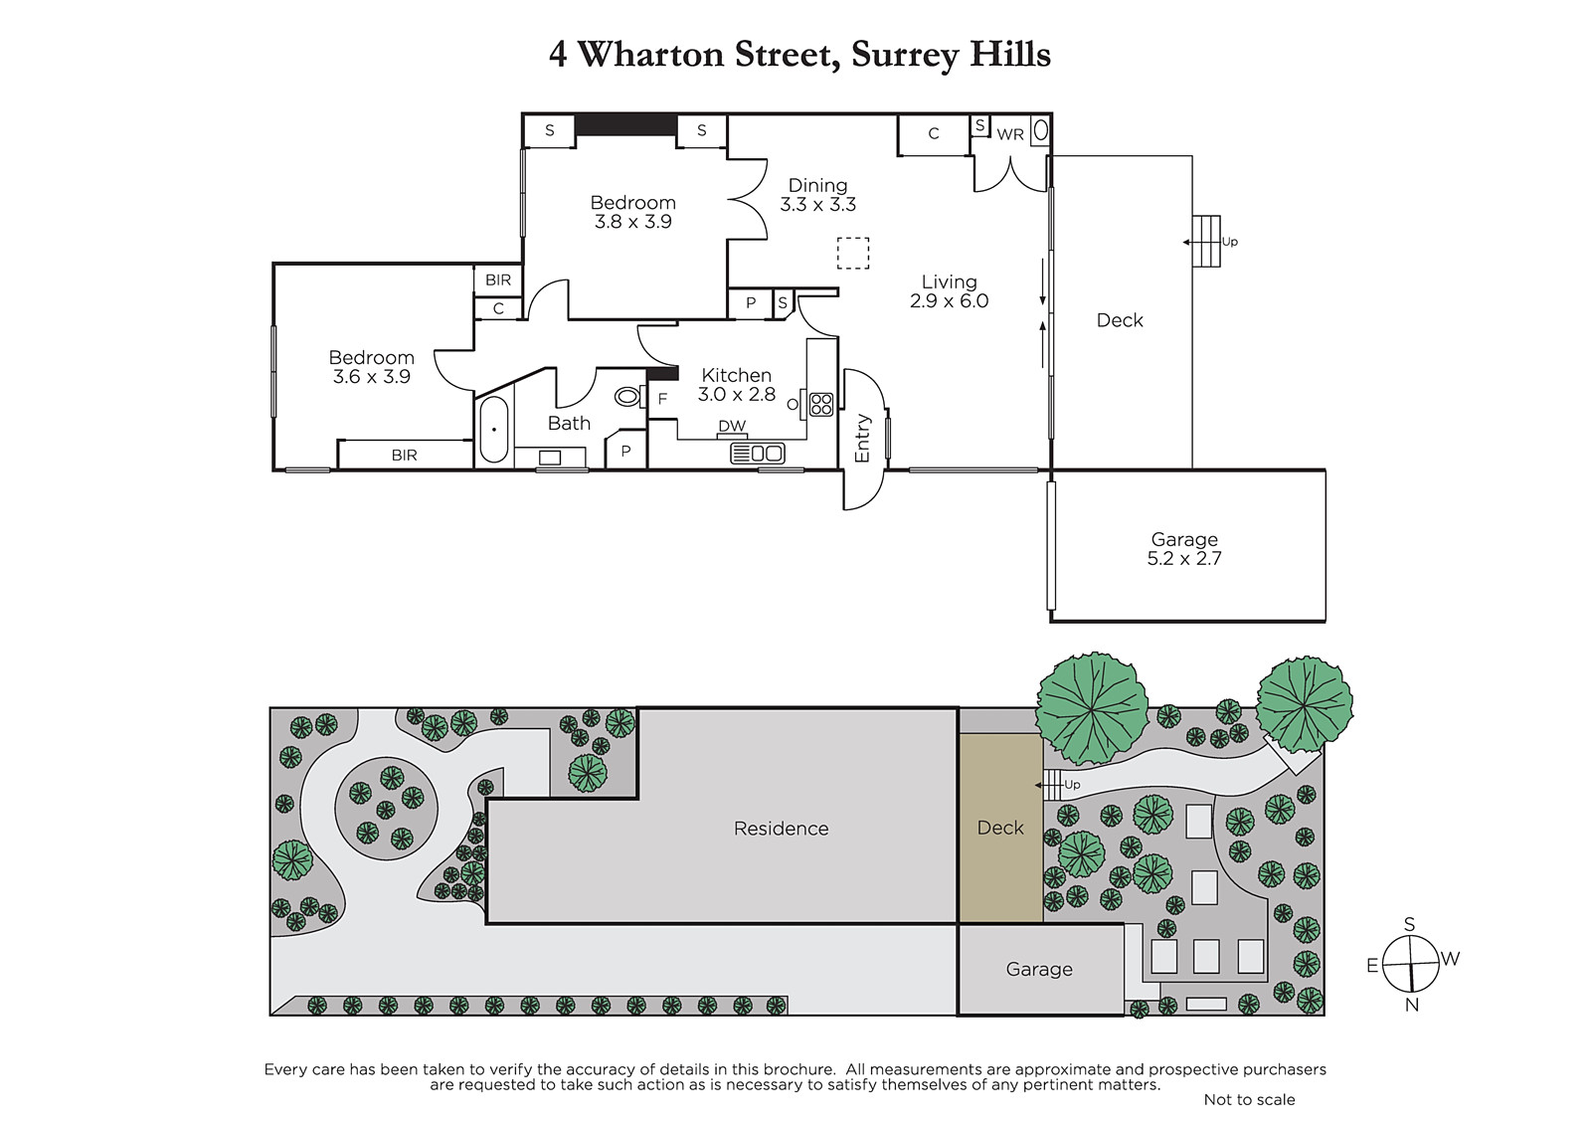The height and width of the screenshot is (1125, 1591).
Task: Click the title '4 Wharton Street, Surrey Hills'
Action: pos(799,55)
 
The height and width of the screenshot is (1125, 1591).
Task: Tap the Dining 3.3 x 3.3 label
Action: pos(817,195)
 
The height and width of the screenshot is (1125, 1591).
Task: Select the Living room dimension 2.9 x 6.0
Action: pos(949,300)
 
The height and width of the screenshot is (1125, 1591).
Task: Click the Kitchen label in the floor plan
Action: pos(736,375)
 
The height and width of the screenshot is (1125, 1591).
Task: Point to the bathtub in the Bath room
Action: pos(493,430)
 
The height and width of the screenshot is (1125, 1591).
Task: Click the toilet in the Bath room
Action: pos(628,396)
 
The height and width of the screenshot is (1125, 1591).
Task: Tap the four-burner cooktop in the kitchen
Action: pos(820,405)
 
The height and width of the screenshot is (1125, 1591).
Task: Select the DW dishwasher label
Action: pos(732,426)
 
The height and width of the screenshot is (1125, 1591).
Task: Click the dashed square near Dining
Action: pos(852,253)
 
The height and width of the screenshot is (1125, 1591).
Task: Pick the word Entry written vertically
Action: pos(861,438)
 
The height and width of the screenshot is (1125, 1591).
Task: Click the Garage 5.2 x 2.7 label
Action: pos(1184,549)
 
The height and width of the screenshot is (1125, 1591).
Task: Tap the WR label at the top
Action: pos(1010,134)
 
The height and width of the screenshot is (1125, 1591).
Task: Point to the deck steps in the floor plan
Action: pos(1206,242)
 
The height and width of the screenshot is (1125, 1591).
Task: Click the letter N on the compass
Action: pos(1411,1005)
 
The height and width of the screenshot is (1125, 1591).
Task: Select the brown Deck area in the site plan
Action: pos(1000,828)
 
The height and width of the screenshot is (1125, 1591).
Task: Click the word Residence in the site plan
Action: pos(781,829)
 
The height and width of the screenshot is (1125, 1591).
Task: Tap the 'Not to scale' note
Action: pos(1249,1099)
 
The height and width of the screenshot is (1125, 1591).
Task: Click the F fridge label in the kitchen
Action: pos(662,400)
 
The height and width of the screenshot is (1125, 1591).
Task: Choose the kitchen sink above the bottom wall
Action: pos(757,454)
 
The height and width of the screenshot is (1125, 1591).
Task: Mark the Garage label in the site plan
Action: pos(1038,970)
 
